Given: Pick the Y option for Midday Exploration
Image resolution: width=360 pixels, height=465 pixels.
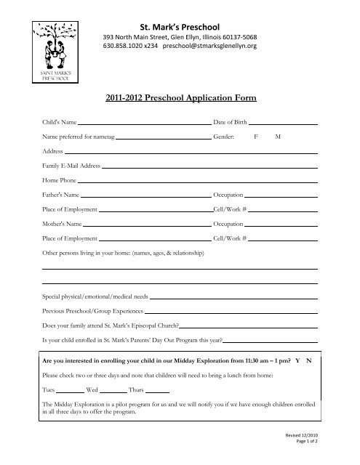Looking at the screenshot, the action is point(297,360).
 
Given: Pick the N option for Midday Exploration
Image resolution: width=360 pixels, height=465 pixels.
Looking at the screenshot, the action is point(308,360).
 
